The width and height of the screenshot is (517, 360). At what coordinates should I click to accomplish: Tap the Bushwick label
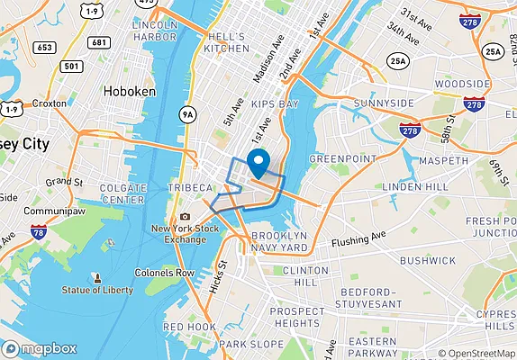coord(428,260)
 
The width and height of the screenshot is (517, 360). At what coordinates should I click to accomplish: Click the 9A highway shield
coord(187,114)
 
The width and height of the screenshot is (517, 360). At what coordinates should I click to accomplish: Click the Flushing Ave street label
coord(358,241)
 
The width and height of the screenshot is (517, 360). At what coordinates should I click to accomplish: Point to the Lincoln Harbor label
coord(154,31)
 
